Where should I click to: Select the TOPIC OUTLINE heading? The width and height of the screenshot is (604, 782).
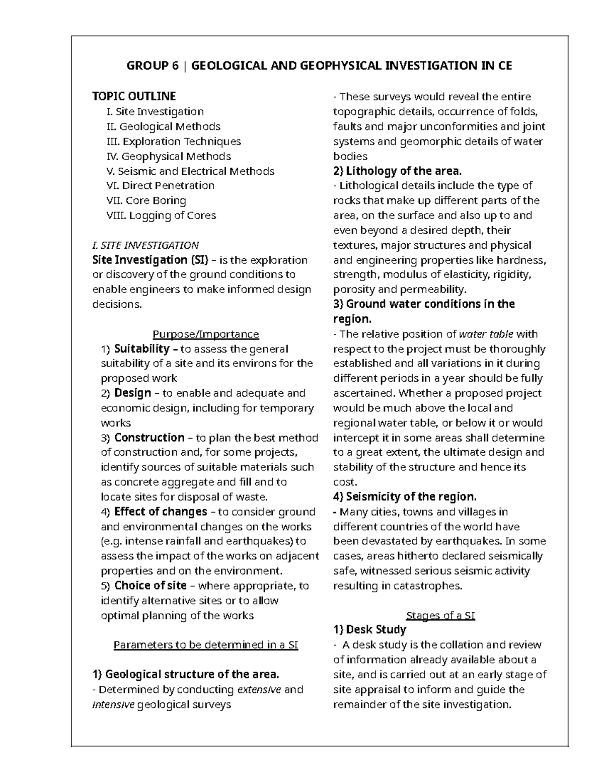pyautogui.click(x=134, y=96)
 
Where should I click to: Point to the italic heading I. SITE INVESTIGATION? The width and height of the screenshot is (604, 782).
pyautogui.click(x=145, y=245)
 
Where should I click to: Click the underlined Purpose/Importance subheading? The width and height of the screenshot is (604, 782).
pyautogui.click(x=205, y=334)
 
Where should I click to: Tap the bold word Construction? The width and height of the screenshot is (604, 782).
pyautogui.click(x=149, y=438)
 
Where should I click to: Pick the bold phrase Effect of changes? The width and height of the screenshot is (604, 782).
pyautogui.click(x=161, y=512)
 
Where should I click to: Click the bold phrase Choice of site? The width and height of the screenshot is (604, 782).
pyautogui.click(x=150, y=586)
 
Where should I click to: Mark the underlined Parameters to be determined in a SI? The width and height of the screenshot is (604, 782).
pyautogui.click(x=206, y=645)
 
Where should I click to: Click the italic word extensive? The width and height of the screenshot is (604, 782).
pyautogui.click(x=259, y=689)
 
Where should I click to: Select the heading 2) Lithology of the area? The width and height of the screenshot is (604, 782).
pyautogui.click(x=397, y=171)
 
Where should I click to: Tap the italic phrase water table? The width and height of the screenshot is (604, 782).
pyautogui.click(x=486, y=334)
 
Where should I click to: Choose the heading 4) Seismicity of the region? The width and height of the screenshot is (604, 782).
pyautogui.click(x=405, y=497)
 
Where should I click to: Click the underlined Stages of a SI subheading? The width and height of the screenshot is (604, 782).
pyautogui.click(x=440, y=615)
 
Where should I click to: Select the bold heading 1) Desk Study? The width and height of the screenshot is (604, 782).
pyautogui.click(x=369, y=630)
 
